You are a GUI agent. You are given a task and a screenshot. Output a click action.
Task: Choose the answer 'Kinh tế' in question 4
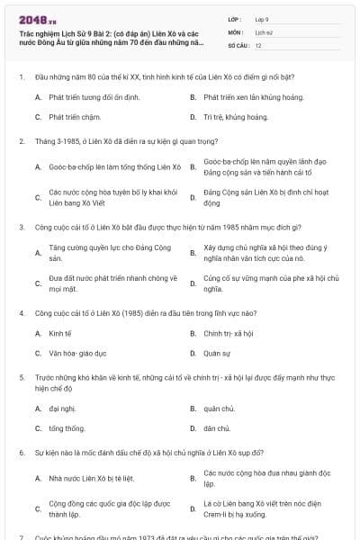tap(60, 333)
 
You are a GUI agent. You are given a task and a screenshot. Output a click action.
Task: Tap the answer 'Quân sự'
tap(217, 354)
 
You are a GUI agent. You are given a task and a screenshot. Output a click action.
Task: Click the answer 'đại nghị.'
tap(62, 408)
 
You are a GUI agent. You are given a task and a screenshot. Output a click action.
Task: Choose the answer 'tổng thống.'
tap(67, 429)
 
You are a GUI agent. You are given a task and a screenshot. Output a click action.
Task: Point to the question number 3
tap(21, 228)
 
